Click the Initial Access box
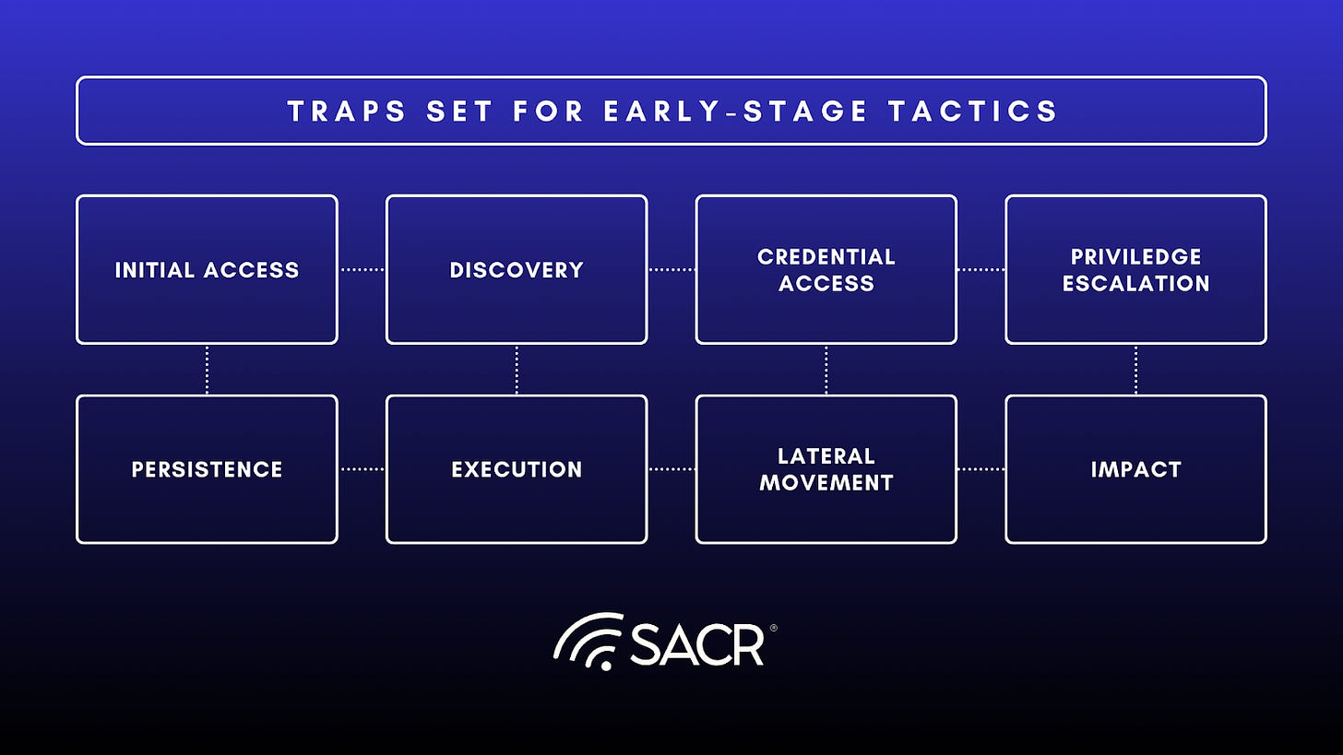207,269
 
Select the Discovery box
517,269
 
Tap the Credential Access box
826,269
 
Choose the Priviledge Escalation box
1135,269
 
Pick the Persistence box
207,469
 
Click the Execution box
517,469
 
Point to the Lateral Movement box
826,469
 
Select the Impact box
1135,469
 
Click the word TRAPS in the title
345,112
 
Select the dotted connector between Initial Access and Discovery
362,269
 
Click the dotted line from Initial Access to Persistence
207,370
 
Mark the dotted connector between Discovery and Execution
517,370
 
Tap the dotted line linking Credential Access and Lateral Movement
826,370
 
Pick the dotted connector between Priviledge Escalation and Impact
1135,370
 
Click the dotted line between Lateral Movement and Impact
981,469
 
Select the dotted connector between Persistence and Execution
362,469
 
